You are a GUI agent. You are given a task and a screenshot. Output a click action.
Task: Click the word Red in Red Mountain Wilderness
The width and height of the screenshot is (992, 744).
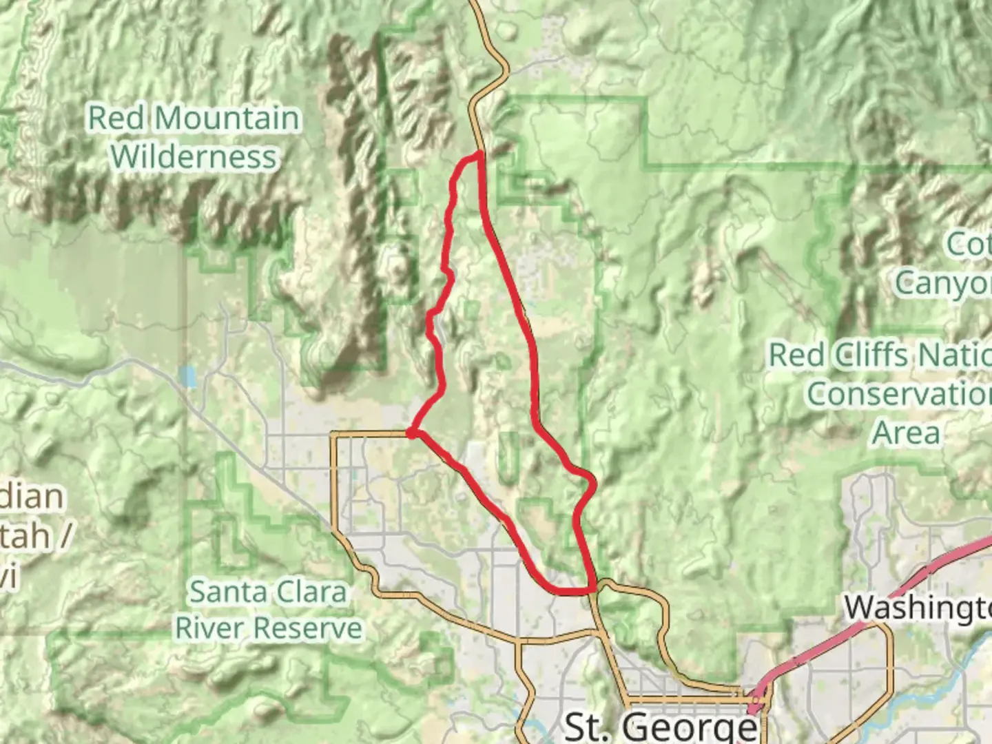[117, 118]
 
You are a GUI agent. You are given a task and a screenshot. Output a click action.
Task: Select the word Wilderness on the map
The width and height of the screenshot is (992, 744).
[194, 156]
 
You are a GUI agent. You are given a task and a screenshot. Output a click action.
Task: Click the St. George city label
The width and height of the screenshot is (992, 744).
[660, 726]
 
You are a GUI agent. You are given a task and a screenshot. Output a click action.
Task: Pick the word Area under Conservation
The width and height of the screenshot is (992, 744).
[907, 433]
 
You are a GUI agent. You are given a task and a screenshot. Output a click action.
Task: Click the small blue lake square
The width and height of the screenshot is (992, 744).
[186, 376]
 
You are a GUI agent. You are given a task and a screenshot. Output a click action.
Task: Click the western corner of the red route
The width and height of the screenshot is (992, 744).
[411, 433]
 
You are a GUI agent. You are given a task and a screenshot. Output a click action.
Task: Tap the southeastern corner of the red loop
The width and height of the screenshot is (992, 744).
[591, 590]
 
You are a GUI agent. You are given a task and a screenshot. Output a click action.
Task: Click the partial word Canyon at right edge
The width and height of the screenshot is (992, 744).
[944, 281]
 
